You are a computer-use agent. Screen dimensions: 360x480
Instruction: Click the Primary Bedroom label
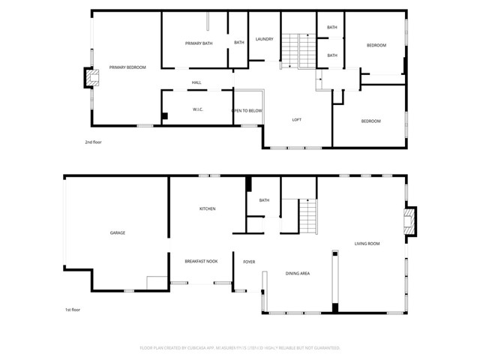point(127,67)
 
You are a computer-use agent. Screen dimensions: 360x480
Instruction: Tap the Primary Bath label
point(199,43)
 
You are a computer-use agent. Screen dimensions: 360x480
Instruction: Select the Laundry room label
point(264,39)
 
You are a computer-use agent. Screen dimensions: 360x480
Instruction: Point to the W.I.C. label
point(198,109)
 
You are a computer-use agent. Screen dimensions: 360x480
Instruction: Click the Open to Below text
point(247,110)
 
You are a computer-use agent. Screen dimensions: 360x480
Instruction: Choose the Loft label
point(297,120)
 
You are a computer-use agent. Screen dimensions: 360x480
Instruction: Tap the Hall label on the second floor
point(196,82)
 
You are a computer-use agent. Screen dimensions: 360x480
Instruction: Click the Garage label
point(118,233)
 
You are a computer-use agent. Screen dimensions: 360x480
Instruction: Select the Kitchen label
point(207,208)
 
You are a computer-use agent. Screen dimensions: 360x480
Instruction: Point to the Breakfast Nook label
point(200,261)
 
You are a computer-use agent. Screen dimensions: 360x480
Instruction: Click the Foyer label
point(249,262)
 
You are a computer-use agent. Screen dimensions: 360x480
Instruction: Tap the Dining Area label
point(298,274)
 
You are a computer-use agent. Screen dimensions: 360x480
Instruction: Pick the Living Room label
point(367,244)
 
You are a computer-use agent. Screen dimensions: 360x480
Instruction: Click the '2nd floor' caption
point(93,140)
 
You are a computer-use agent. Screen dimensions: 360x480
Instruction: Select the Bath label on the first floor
point(264,200)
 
